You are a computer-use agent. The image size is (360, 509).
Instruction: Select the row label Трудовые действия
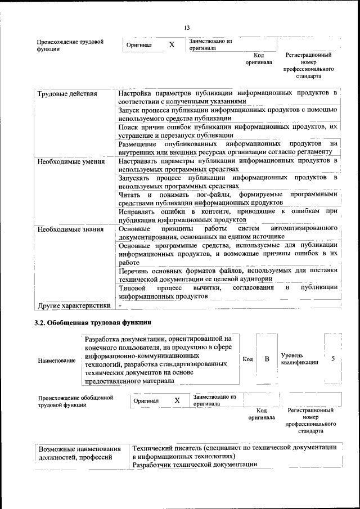[x=67, y=93]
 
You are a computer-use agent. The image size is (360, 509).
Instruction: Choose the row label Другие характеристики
[x=73, y=305]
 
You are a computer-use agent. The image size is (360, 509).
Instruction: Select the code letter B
[x=267, y=358]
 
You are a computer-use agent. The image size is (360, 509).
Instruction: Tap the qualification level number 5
[x=333, y=358]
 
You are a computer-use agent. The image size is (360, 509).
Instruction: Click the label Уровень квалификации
[x=299, y=359]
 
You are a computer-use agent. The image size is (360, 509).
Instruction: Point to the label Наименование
[x=57, y=360]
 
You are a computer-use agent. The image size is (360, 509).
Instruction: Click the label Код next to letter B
[x=247, y=359]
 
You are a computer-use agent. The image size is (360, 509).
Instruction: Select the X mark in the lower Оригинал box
[x=177, y=400]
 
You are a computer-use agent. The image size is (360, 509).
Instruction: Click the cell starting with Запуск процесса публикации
[x=227, y=114]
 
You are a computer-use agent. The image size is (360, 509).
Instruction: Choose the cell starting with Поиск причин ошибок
[x=227, y=131]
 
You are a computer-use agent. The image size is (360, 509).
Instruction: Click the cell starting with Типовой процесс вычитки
[x=227, y=291]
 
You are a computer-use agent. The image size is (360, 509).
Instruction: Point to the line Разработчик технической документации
[x=195, y=464]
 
